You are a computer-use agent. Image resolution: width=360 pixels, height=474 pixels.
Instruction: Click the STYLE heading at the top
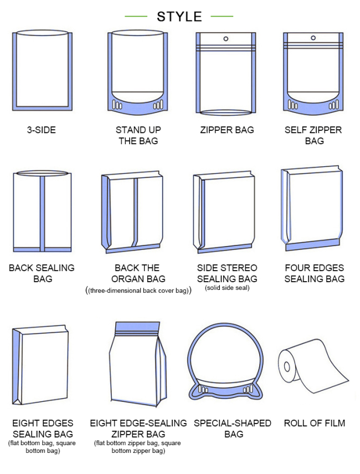(x=179, y=17)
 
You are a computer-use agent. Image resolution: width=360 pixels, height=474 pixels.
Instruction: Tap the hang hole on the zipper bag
(x=225, y=39)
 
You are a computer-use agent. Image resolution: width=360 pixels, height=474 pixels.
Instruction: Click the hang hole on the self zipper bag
(x=313, y=38)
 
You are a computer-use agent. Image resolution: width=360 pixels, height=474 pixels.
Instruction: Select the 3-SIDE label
(x=42, y=130)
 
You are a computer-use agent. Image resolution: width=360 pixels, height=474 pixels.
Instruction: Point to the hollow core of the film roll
(x=287, y=367)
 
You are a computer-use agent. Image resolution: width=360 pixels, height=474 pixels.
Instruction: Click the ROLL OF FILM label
(x=315, y=423)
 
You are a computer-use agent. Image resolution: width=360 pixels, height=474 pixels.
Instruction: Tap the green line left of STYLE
(x=136, y=16)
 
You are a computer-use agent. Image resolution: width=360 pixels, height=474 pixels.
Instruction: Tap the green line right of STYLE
(x=222, y=16)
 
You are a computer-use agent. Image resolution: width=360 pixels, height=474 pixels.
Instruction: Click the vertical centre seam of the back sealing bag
(x=42, y=214)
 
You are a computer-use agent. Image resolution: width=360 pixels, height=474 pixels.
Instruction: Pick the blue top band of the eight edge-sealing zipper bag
(x=138, y=326)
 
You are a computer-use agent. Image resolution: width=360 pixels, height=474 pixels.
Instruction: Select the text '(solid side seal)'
(x=227, y=288)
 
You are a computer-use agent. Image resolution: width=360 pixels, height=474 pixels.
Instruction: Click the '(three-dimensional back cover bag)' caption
(x=138, y=290)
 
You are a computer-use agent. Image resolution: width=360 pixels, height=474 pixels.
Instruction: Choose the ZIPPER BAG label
(x=227, y=130)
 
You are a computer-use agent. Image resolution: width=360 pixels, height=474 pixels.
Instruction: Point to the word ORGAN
(x=124, y=279)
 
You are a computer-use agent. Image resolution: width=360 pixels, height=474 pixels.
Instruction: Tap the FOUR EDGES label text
(x=315, y=268)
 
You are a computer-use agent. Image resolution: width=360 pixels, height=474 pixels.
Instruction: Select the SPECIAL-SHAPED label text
(x=233, y=423)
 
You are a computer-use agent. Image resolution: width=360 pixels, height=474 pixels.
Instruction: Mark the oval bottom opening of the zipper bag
(x=226, y=113)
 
